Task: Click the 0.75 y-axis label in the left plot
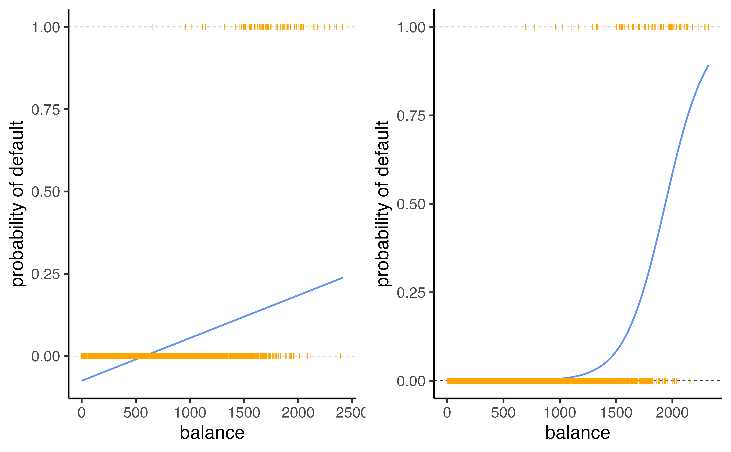[45, 110]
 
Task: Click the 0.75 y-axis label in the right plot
[411, 116]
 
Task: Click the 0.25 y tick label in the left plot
[45, 274]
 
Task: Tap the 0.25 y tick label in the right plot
[411, 292]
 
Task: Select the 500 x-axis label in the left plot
[136, 413]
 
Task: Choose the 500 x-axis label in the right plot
[503, 413]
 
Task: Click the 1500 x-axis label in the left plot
[244, 413]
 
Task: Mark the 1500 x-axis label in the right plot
[616, 413]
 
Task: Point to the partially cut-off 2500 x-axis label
[350, 413]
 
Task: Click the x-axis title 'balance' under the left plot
[212, 433]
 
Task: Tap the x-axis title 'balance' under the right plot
[577, 433]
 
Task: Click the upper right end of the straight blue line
[343, 278]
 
